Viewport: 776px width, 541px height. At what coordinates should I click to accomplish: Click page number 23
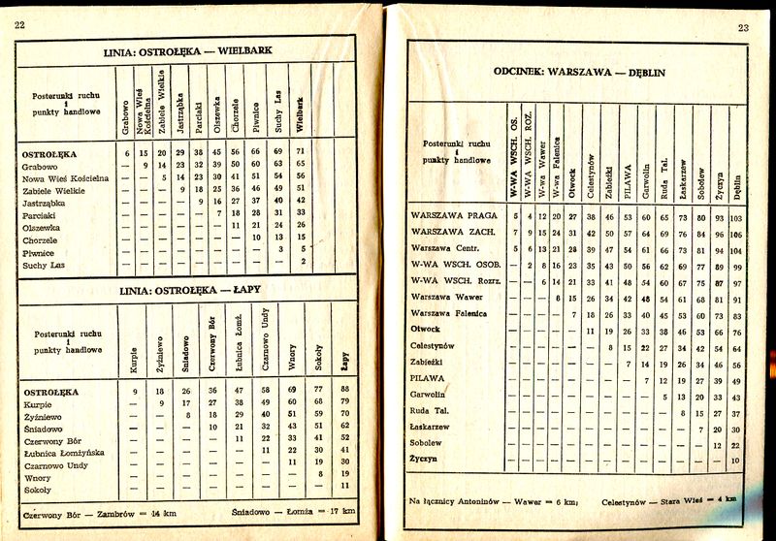click(743, 28)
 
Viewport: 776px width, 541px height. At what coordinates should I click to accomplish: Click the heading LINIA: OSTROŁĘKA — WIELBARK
click(188, 50)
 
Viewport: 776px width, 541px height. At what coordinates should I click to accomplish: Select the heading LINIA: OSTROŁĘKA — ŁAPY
click(187, 290)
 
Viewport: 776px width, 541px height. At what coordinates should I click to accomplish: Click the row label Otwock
click(426, 329)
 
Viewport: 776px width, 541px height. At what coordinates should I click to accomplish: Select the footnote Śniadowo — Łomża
click(292, 510)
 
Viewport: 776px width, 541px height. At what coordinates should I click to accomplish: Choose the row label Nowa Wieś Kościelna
click(65, 178)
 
